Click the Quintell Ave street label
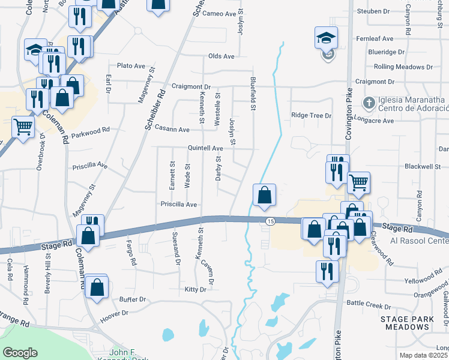point(205,148)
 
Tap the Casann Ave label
point(172,129)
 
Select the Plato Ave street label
point(131,65)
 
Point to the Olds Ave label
point(221,56)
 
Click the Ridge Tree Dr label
point(311,115)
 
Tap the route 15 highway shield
point(270,221)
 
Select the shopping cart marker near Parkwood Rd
point(23,127)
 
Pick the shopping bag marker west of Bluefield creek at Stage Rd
point(264,195)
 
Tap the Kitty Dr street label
point(195,289)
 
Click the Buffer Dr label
point(133,299)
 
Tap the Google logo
point(20,352)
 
